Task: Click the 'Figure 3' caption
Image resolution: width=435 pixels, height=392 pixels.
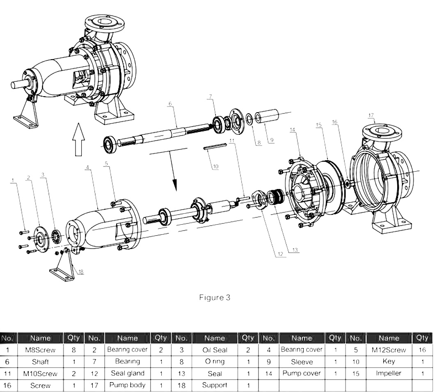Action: [215, 297]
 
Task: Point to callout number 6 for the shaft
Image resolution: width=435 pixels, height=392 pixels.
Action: [169, 104]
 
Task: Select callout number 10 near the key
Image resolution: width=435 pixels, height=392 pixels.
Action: [215, 166]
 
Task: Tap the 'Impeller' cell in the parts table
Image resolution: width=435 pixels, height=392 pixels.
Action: [388, 374]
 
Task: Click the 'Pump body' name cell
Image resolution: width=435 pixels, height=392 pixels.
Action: [127, 385]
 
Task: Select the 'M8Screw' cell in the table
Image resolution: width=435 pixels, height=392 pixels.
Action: [40, 350]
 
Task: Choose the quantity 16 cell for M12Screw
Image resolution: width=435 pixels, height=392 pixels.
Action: [422, 350]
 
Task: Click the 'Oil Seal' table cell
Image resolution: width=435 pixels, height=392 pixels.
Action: [215, 350]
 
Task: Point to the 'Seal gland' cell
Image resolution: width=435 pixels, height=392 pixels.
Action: [127, 374]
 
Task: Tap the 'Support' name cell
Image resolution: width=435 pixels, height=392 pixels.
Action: [215, 385]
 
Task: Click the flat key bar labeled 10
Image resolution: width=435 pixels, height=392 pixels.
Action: [215, 146]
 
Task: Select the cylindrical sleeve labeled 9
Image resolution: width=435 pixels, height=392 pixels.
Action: [267, 117]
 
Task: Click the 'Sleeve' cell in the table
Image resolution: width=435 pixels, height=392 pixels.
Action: [302, 362]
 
